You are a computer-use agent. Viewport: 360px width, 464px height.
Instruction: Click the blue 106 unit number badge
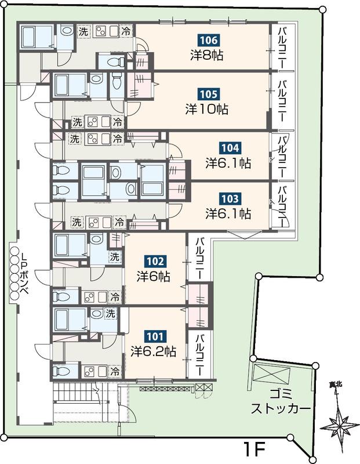(209, 40)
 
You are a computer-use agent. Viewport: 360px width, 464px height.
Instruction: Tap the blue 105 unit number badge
(209, 95)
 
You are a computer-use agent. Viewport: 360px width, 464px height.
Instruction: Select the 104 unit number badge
(231, 148)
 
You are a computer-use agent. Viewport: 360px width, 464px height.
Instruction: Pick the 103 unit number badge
(230, 198)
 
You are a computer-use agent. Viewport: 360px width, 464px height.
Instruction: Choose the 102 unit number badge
(155, 262)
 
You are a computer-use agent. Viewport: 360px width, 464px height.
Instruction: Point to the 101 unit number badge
(155, 336)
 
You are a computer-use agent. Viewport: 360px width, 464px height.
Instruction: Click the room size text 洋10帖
(207, 110)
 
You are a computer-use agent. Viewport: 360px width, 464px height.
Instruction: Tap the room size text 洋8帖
(207, 55)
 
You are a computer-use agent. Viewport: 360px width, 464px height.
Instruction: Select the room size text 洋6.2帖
(154, 351)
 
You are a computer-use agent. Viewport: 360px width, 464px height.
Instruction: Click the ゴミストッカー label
(281, 402)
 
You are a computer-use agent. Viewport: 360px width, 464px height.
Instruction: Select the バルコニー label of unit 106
(282, 47)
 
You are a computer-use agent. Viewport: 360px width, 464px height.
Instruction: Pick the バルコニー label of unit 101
(201, 354)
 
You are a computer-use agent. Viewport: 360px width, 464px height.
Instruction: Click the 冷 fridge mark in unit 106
(126, 31)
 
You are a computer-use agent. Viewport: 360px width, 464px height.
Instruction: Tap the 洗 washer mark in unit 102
(115, 256)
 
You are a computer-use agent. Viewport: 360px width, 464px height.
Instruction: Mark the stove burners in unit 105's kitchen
(93, 121)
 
